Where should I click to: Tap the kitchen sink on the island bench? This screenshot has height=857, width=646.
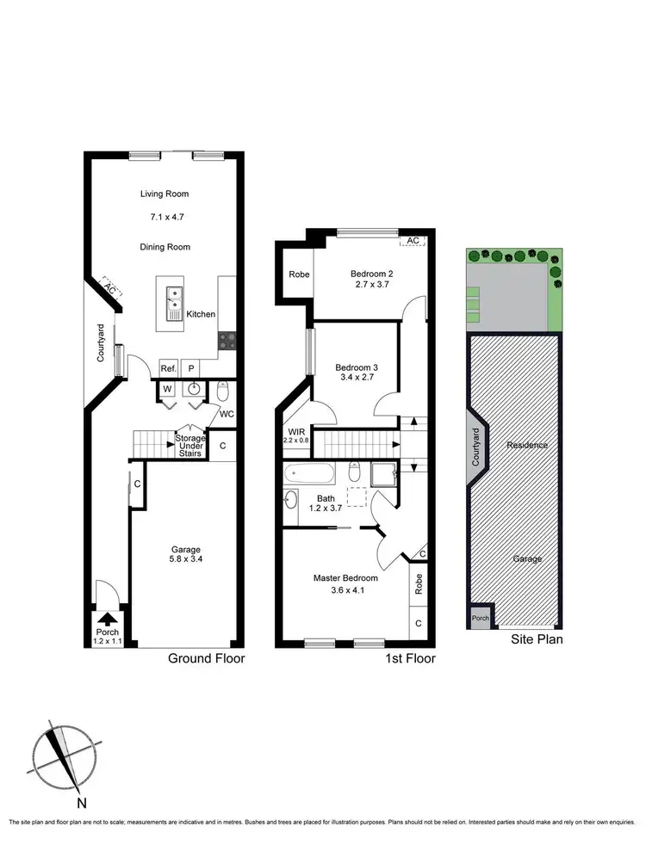[x=174, y=298]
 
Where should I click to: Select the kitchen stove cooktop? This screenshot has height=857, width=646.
[x=227, y=340]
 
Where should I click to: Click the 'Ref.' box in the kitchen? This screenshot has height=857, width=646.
[x=169, y=368]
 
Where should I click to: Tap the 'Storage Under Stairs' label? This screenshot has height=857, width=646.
[x=189, y=446]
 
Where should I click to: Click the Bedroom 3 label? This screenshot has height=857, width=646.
[x=357, y=367]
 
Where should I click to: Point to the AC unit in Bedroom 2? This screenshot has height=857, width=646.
[x=413, y=240]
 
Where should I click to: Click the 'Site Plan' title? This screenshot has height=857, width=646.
[x=537, y=639]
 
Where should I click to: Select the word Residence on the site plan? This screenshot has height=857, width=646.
[x=527, y=446]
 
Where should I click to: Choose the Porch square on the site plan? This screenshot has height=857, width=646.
[x=479, y=618]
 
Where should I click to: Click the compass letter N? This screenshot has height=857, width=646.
[x=81, y=805]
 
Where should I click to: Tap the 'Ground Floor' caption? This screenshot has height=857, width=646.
[x=207, y=659]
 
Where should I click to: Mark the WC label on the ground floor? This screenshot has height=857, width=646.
[x=226, y=413]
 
